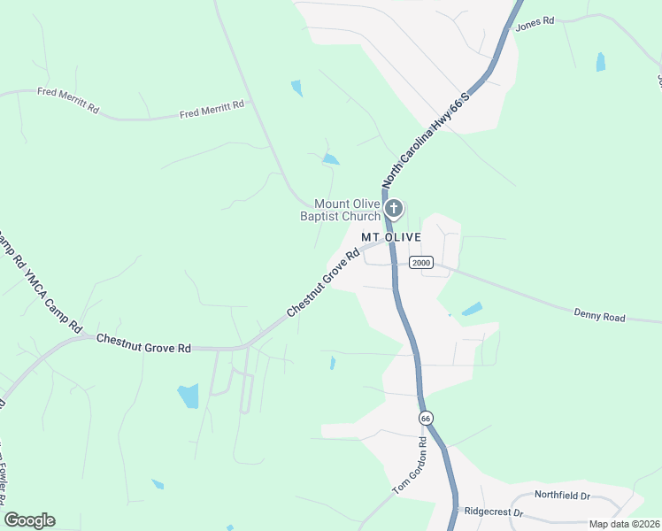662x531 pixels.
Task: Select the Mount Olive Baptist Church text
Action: coord(348,210)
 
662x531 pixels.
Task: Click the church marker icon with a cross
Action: coord(394,210)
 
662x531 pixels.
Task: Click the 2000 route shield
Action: coord(420,262)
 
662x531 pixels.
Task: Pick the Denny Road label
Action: coord(599,316)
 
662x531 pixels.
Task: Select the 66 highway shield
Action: coord(426,416)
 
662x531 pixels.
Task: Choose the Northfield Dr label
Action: coord(562,496)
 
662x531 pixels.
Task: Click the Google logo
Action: coord(29,520)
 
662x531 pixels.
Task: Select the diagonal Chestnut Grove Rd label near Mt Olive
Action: coord(323,283)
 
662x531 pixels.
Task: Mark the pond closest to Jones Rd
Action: coord(601,62)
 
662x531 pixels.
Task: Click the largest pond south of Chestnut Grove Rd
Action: coord(189,396)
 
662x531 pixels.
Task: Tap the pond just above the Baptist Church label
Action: coord(330,159)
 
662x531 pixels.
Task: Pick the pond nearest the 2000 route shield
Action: coord(472,309)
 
